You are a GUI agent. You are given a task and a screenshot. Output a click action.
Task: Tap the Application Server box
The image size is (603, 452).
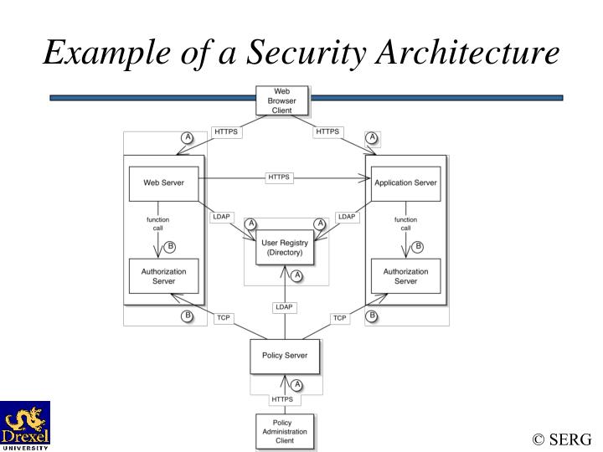click(x=405, y=183)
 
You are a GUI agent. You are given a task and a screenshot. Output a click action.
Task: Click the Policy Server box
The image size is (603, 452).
click(x=284, y=356)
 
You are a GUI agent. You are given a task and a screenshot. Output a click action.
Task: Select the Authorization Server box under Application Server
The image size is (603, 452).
click(x=405, y=276)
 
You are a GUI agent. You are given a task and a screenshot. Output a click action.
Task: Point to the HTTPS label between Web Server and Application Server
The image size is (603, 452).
click(x=279, y=177)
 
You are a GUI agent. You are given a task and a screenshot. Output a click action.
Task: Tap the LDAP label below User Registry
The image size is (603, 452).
click(x=284, y=307)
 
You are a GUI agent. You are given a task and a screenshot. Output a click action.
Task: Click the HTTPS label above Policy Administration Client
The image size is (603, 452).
click(x=282, y=399)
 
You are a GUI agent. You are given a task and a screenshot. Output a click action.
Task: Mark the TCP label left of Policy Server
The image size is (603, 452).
click(x=224, y=318)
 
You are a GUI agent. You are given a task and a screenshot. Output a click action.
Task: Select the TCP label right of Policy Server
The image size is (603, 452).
click(x=339, y=318)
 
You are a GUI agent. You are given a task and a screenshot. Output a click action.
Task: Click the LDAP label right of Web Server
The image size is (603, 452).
click(x=221, y=217)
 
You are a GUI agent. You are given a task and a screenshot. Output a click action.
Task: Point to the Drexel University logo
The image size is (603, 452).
click(x=25, y=425)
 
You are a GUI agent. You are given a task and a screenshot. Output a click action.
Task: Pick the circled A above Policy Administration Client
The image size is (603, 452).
click(x=296, y=385)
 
